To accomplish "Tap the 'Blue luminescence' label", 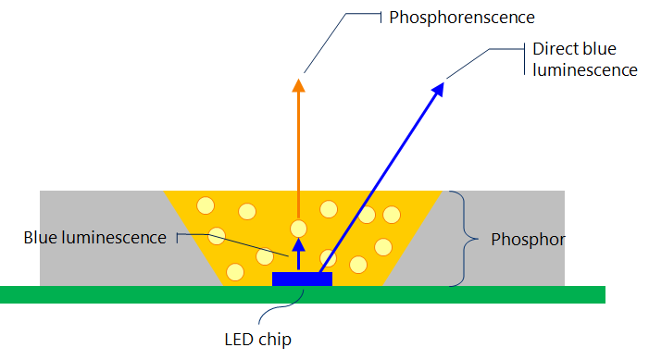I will (x=94, y=238).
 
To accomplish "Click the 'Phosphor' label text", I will (x=527, y=239).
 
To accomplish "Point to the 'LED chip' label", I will (x=258, y=340).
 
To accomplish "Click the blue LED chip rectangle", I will (x=302, y=278).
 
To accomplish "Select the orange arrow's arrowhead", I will (x=298, y=86).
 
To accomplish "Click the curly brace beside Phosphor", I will (x=456, y=238).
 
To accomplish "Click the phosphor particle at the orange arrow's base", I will (x=298, y=228).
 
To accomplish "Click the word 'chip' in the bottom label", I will (x=276, y=340).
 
